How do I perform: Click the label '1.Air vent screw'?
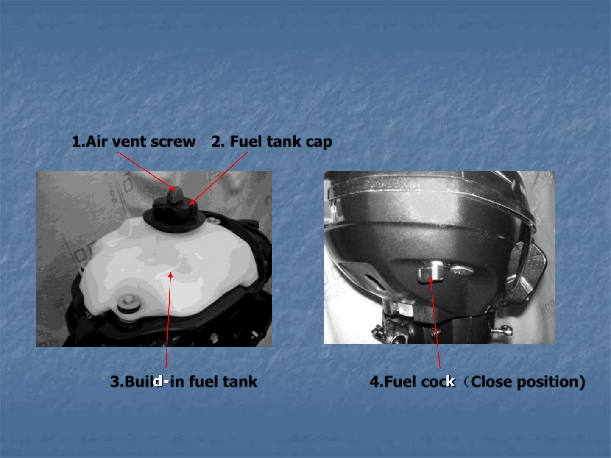134,142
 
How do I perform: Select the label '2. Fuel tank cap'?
272,142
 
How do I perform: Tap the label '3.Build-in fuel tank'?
184,381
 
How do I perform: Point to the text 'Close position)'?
528,382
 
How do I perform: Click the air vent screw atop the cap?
175,195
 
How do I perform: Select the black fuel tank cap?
174,216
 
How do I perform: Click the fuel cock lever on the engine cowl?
430,272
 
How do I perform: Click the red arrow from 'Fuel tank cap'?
218,178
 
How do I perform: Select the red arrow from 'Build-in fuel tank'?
168,320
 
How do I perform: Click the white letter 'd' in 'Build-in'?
158,381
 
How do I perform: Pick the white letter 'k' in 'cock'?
451,381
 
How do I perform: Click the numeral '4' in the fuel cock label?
374,382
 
